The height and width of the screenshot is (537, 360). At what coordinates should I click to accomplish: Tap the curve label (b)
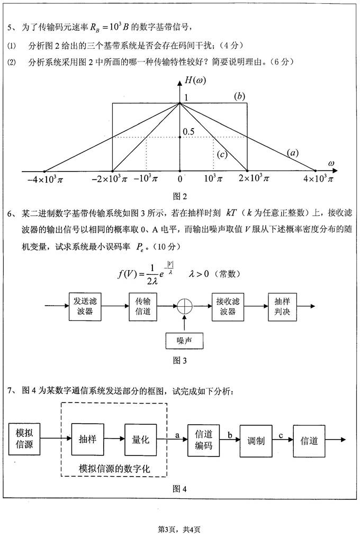[240, 96]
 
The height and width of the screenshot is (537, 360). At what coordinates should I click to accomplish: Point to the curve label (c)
[222, 154]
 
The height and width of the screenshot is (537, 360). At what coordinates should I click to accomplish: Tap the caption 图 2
[180, 197]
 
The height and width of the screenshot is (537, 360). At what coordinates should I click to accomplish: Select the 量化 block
[139, 439]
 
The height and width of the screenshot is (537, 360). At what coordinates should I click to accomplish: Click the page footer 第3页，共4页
[180, 529]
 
